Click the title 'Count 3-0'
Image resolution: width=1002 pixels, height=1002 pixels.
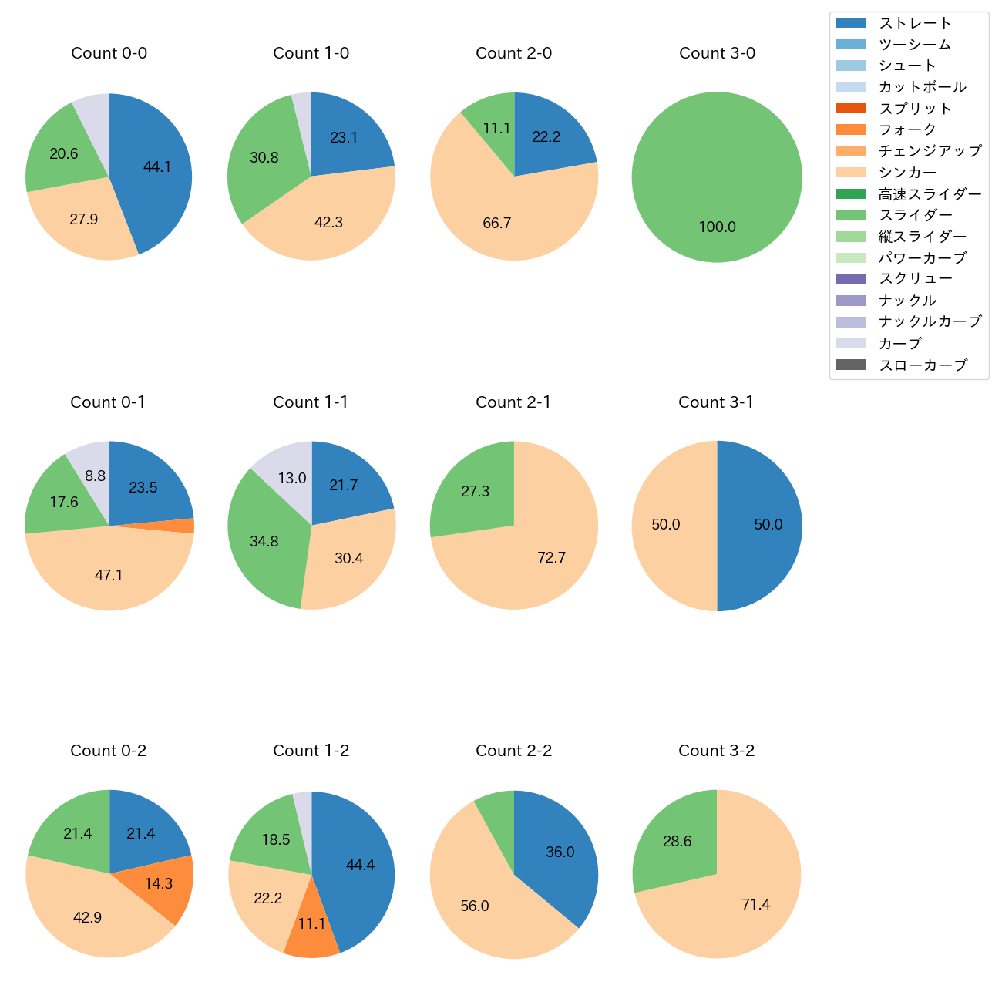pos(717,53)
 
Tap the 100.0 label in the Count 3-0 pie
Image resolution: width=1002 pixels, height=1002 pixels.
pos(717,227)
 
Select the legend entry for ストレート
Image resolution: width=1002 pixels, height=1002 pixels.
pos(915,23)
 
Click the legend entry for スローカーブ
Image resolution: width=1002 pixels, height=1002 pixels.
pos(923,365)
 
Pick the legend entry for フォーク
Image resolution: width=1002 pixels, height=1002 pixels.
pos(907,129)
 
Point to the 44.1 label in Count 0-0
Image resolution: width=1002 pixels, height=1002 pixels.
pos(157,166)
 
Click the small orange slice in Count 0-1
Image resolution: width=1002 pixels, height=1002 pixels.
pos(185,526)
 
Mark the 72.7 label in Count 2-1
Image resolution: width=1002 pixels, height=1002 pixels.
pos(552,557)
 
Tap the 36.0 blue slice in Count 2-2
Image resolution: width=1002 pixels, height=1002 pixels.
pos(560,852)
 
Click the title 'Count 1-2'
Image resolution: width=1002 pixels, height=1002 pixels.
pos(311,751)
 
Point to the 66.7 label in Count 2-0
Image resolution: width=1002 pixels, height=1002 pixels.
pos(497,224)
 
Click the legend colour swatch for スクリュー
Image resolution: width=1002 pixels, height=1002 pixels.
pos(850,279)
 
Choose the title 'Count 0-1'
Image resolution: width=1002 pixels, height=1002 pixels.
pos(108,402)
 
